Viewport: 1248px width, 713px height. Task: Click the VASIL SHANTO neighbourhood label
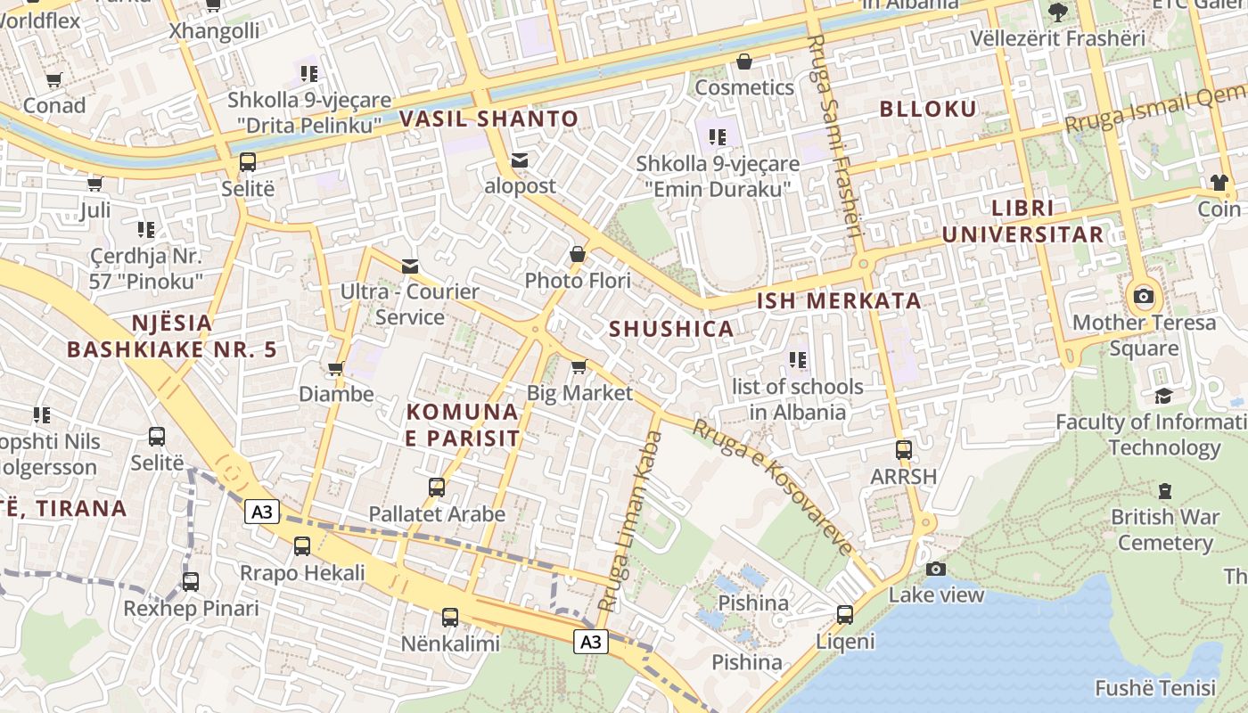point(489,119)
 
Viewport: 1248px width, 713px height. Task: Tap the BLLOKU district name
point(928,109)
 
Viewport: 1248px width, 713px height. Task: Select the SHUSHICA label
point(671,329)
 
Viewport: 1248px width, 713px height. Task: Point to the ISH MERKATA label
point(839,300)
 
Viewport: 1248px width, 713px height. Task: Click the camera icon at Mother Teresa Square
point(1143,296)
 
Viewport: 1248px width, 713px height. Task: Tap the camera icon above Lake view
point(935,569)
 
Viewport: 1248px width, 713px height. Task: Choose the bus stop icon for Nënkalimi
point(450,617)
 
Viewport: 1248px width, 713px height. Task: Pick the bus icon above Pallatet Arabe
point(437,488)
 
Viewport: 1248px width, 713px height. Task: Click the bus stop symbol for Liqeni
point(844,615)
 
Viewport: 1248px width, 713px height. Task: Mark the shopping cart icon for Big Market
point(579,366)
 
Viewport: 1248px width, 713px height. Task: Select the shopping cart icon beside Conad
point(53,80)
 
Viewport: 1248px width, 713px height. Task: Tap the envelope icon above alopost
point(520,160)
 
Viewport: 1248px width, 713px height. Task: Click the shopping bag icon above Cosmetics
point(743,61)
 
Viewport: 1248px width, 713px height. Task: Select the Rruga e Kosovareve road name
point(772,487)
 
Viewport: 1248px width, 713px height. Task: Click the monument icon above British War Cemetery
point(1164,490)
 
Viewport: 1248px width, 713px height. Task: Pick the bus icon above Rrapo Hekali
point(302,546)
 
